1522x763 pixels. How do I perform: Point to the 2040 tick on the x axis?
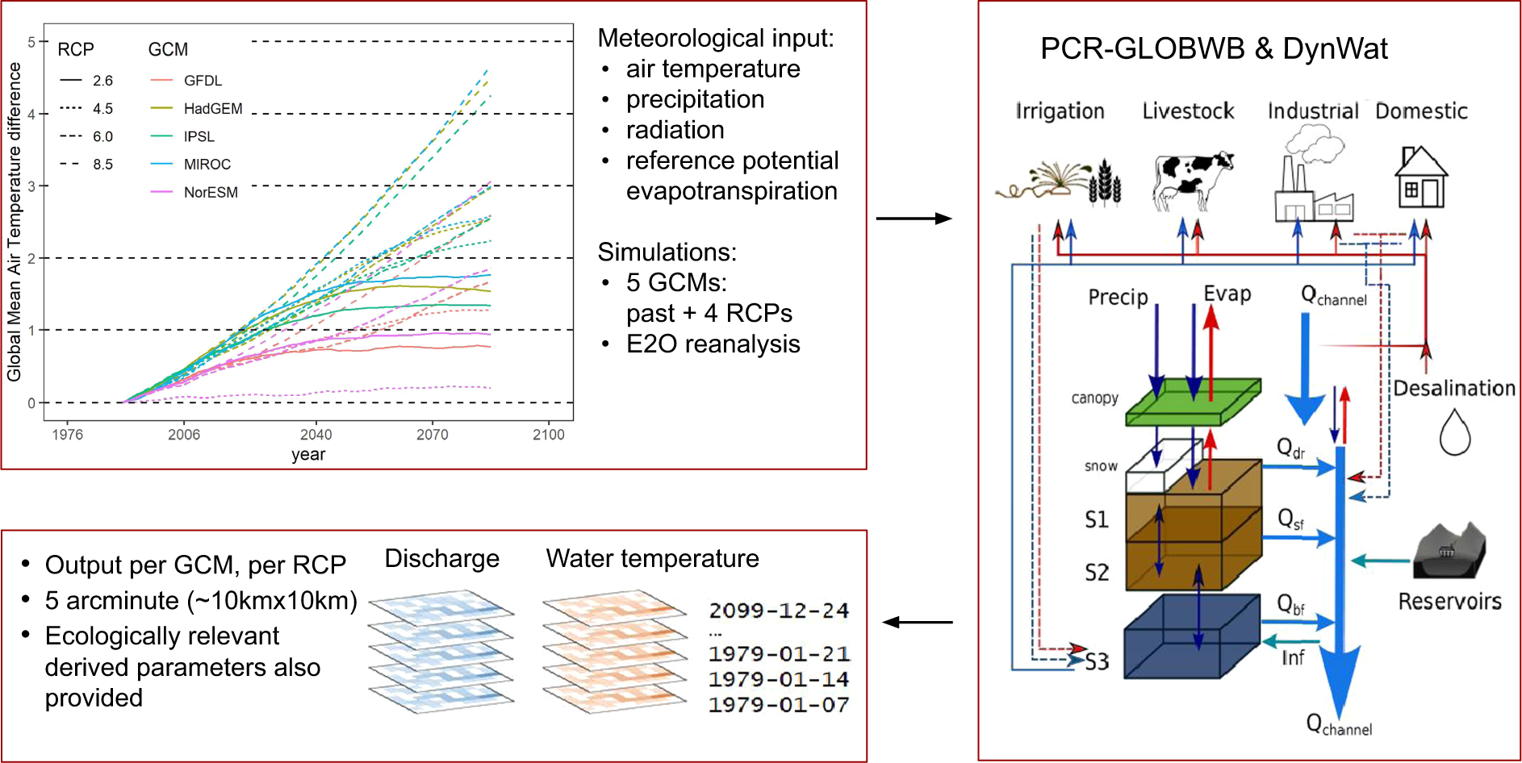click(316, 434)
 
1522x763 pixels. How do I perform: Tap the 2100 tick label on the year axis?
click(549, 435)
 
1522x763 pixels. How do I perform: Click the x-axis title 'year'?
click(308, 455)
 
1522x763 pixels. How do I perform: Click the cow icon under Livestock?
click(1193, 179)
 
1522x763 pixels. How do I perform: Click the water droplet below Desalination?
click(1455, 432)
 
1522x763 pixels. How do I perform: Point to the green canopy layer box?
click(1193, 402)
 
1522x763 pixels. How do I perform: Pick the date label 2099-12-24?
click(779, 611)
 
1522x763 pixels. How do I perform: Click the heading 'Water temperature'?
click(652, 558)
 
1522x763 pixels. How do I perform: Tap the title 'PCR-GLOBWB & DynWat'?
click(1214, 49)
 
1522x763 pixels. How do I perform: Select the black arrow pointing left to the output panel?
click(918, 622)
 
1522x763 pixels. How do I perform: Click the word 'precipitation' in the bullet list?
click(695, 99)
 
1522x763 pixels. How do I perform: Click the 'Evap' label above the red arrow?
click(1227, 294)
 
